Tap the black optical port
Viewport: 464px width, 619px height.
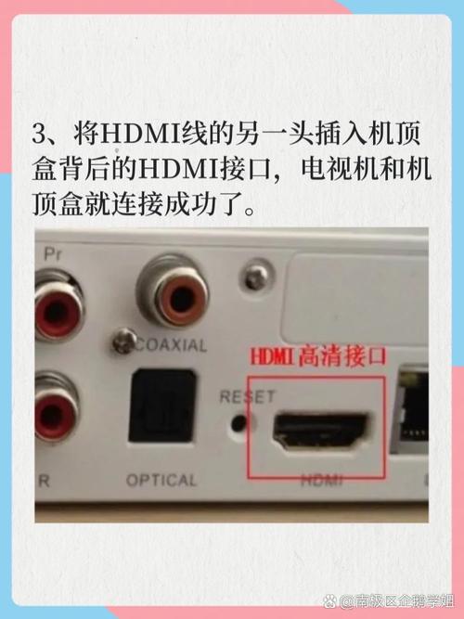(161, 406)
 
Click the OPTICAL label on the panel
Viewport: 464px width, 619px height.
(161, 481)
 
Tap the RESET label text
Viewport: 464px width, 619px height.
(247, 396)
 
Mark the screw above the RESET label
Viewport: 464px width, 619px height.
(250, 276)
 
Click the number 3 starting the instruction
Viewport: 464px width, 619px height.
(41, 134)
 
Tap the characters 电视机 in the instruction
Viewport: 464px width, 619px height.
(351, 168)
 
